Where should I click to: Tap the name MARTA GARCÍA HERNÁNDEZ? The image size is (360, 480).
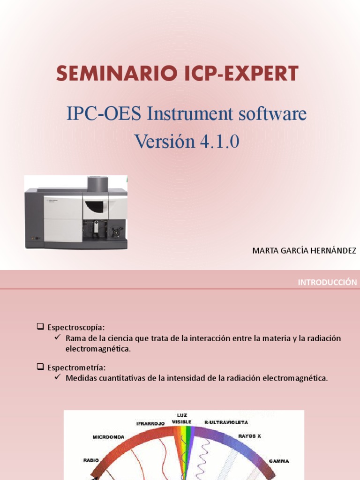[304, 251]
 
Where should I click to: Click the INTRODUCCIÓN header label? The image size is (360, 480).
[327, 282]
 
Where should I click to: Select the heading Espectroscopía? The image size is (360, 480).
[76, 327]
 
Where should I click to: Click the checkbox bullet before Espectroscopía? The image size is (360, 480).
[40, 326]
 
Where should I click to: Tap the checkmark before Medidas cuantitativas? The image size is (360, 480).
[58, 378]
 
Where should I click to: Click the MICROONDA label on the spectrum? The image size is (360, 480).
[108, 437]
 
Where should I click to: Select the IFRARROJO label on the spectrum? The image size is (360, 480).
[150, 423]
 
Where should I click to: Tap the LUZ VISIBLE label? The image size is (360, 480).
[182, 419]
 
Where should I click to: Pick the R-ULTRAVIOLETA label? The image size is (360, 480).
[226, 422]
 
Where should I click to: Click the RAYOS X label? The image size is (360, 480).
[249, 436]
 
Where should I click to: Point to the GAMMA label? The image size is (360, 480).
[279, 461]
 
